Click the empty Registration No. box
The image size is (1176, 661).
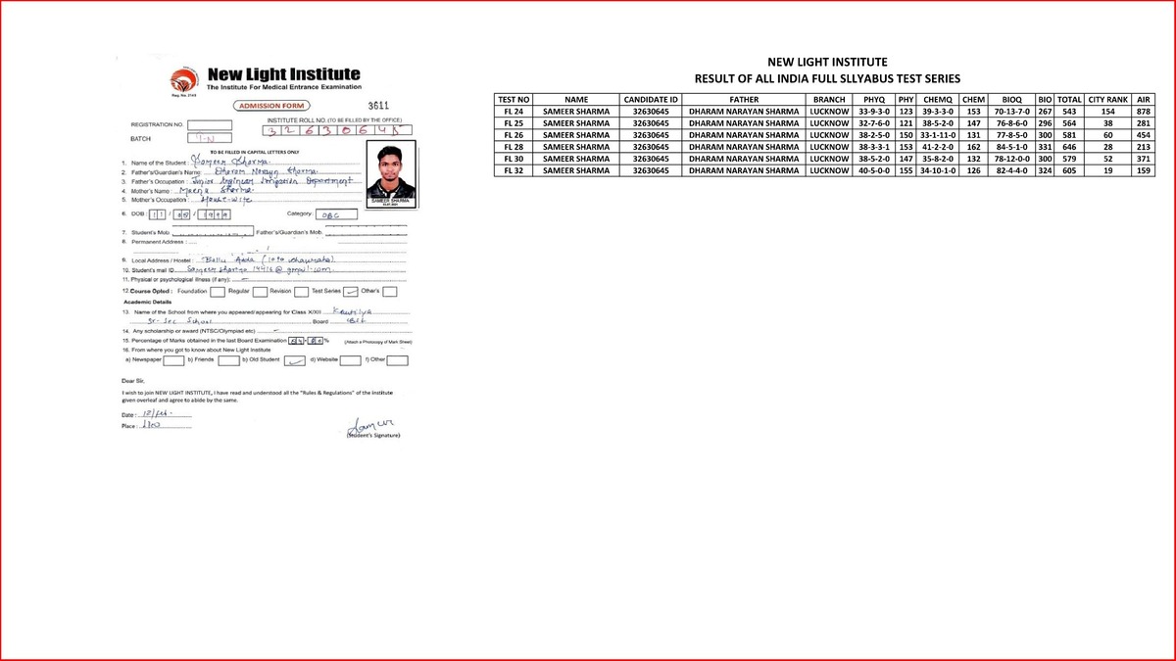pos(210,125)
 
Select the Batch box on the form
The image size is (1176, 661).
pos(210,140)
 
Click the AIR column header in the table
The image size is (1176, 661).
pos(1143,100)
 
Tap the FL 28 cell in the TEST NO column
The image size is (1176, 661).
pos(514,147)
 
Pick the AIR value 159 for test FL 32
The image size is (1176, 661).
pos(1143,170)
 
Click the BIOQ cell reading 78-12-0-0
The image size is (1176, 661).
pos(1008,159)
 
